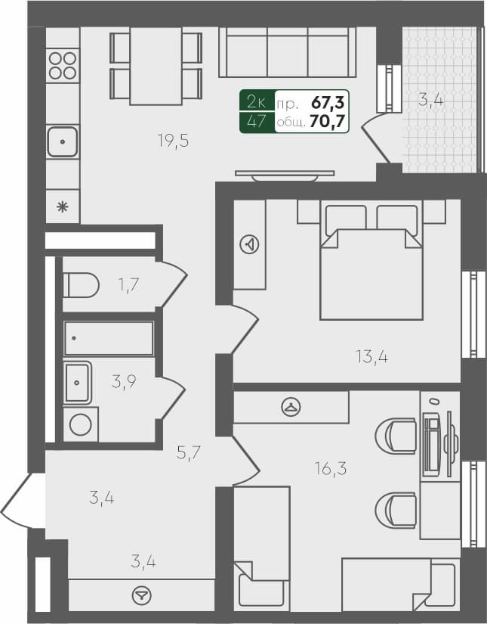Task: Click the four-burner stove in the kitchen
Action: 63,65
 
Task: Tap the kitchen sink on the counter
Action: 63,141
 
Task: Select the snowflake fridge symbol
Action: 63,206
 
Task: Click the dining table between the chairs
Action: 156,66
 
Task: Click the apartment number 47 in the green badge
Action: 256,121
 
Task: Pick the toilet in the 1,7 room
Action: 81,285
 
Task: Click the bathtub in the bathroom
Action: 109,339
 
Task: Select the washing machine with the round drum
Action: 80,425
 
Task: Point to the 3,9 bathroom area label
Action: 123,382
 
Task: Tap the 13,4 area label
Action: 372,356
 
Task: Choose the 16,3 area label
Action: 331,469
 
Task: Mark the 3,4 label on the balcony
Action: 430,98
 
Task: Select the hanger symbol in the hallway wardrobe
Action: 140,595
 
